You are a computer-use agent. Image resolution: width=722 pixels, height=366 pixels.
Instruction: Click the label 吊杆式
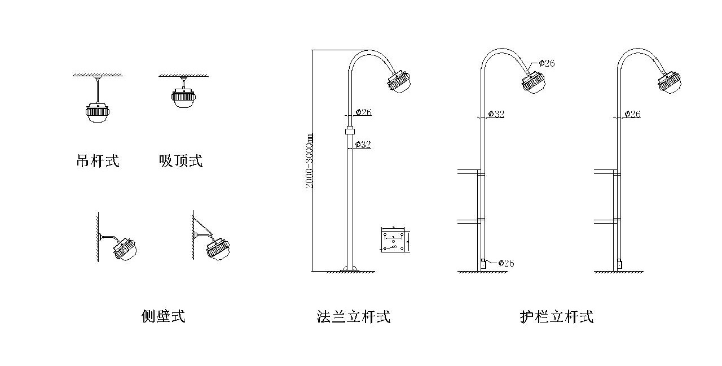98,161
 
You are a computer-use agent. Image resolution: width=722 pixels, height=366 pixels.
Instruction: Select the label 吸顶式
180,161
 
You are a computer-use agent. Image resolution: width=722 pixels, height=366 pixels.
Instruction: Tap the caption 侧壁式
163,316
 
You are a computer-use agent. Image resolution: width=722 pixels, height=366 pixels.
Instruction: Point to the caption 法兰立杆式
354,316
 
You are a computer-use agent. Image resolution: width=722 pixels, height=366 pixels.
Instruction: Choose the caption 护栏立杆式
557,316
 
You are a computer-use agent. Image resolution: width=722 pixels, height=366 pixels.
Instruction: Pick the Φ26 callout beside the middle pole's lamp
546,63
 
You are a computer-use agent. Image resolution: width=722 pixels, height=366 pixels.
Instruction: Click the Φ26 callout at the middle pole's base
505,263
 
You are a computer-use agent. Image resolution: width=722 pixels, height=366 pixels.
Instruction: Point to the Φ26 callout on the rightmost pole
632,114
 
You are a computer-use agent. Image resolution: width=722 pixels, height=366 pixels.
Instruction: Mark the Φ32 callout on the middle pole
495,114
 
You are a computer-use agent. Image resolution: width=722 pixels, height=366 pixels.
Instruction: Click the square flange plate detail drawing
395,240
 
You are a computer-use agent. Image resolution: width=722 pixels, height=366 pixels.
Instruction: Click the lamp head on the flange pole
399,81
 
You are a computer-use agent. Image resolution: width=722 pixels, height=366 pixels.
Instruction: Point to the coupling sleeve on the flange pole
350,132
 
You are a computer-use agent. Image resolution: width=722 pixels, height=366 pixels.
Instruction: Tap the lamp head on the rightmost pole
670,81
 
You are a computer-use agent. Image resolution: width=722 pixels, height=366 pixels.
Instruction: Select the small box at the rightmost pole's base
619,263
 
